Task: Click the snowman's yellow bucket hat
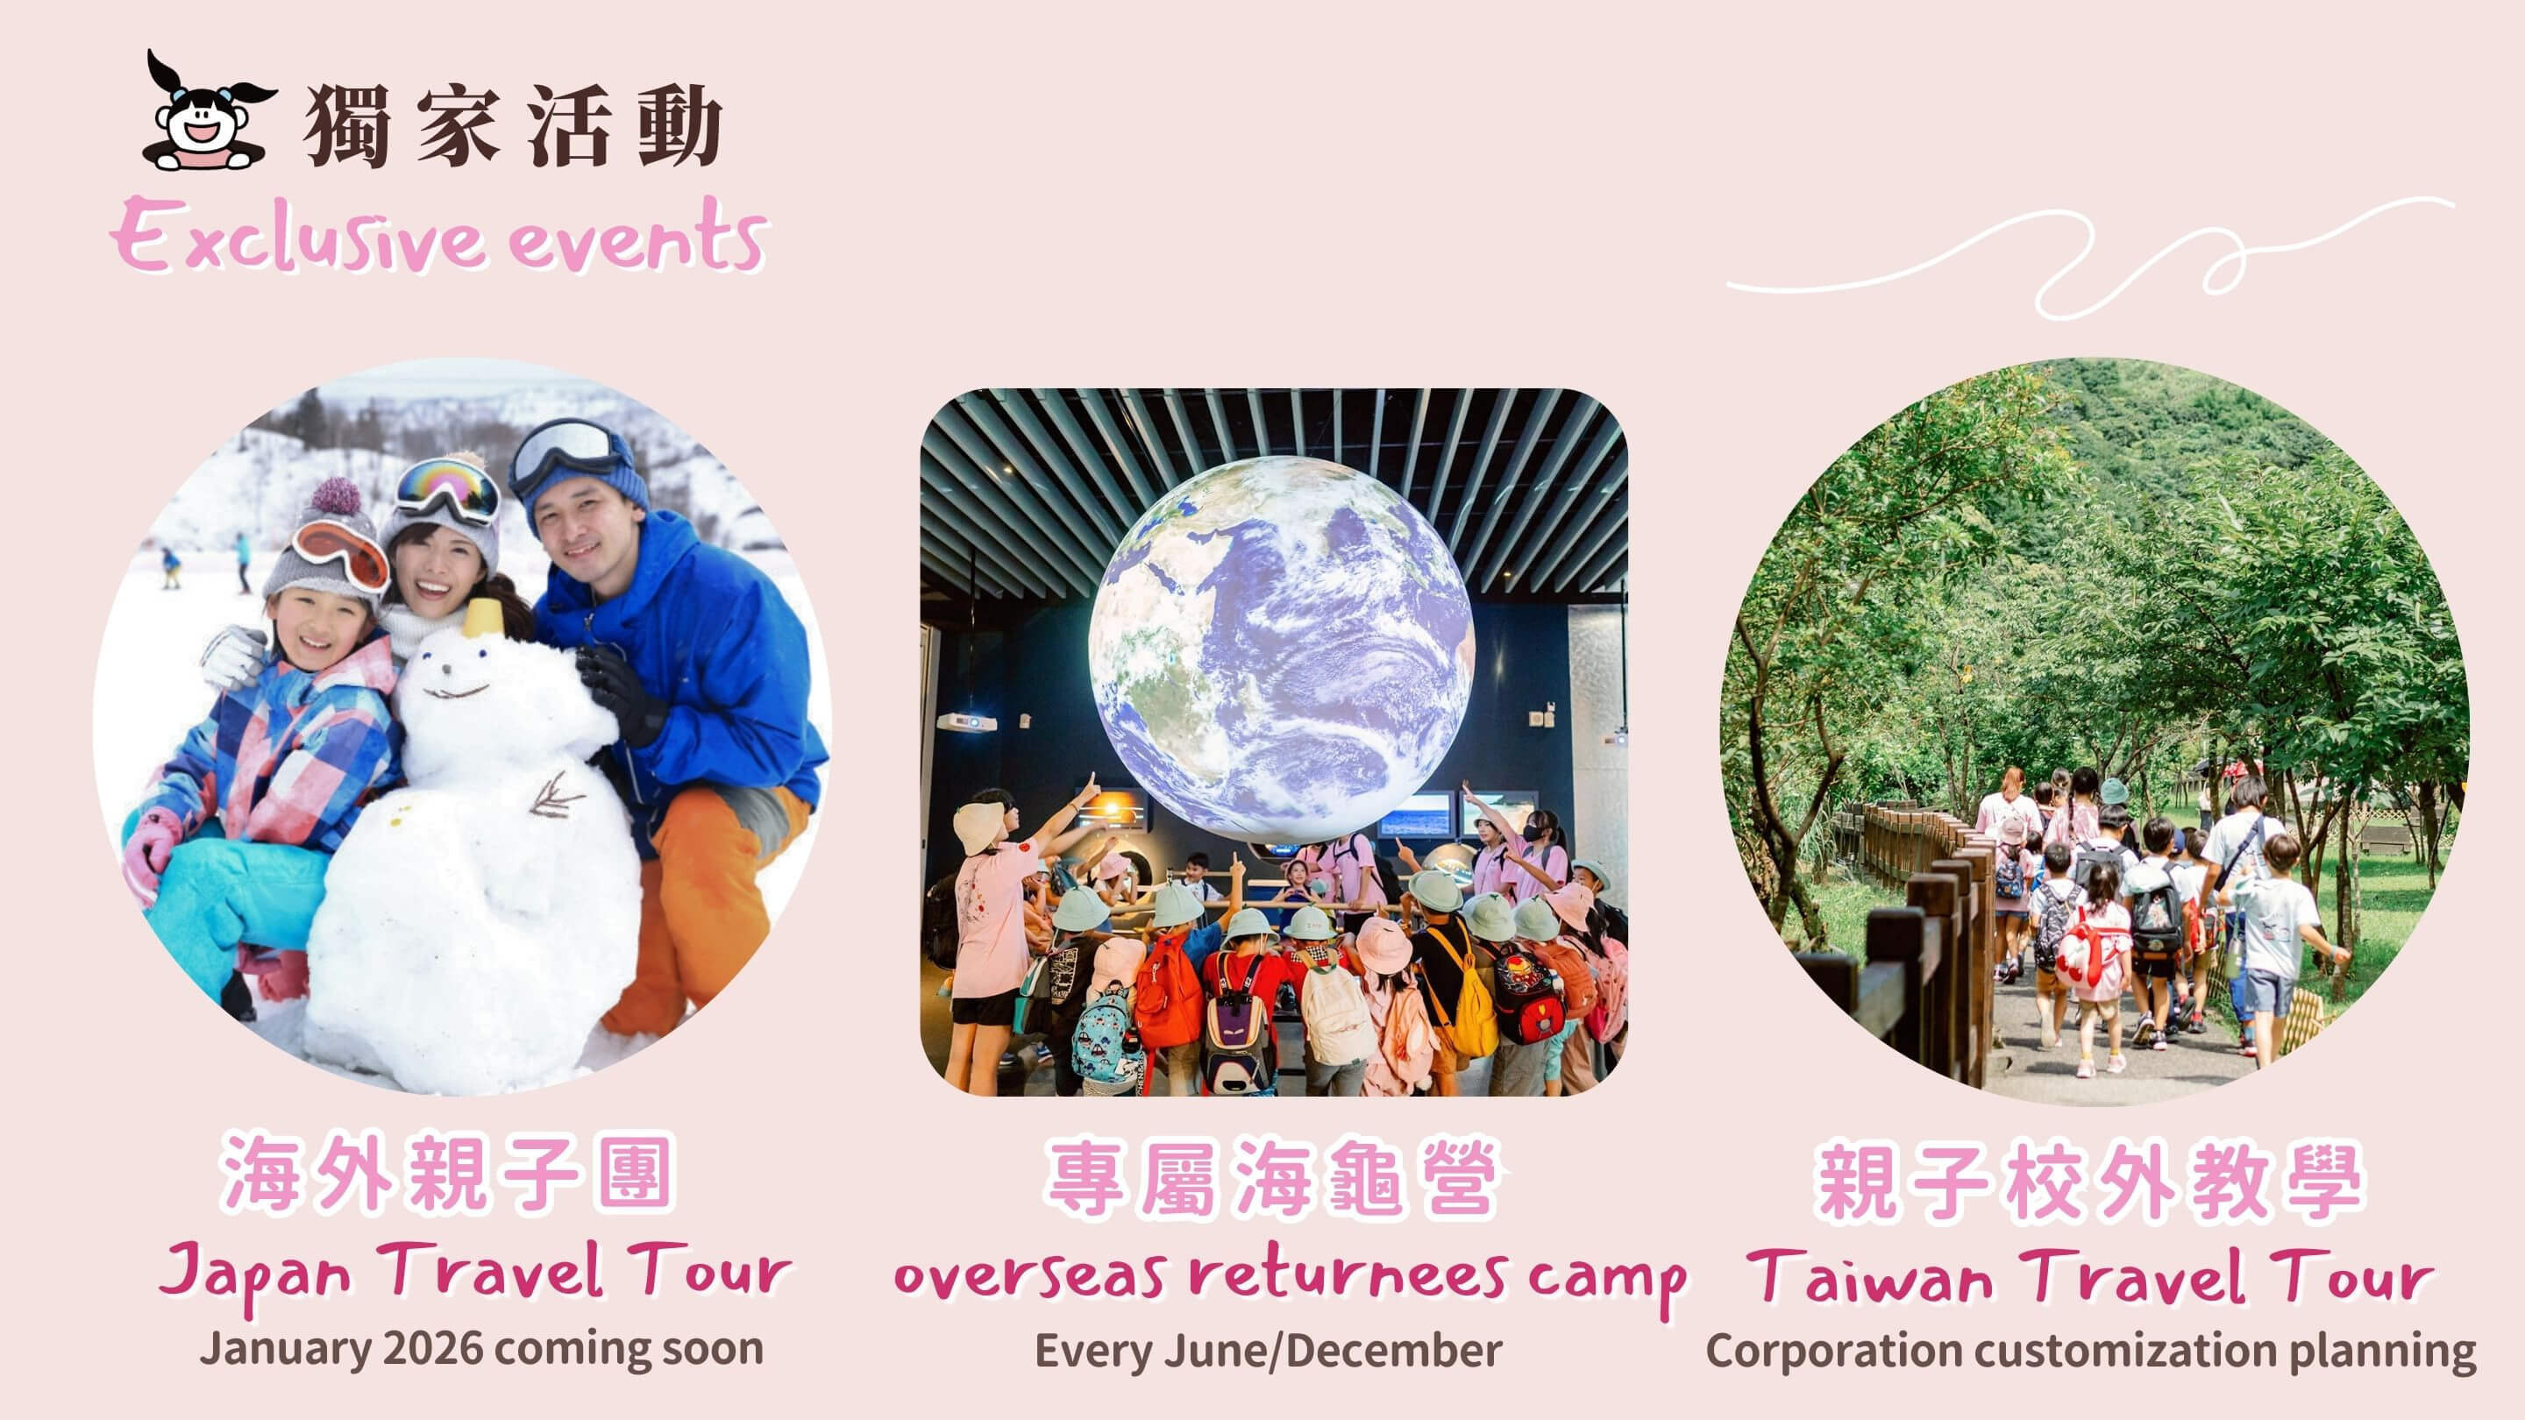483,618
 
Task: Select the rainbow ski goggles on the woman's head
447,490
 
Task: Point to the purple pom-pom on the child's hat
335,497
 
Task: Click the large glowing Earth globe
1281,648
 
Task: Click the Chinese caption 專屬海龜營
1271,1178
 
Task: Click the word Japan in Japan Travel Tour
256,1273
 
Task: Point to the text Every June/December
1269,1352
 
